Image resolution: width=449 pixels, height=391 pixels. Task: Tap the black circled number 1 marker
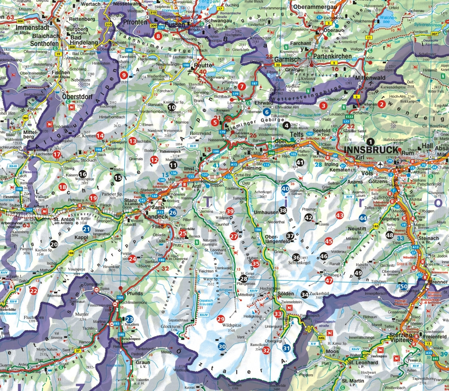(371, 142)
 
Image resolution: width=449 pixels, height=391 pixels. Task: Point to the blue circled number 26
(173, 213)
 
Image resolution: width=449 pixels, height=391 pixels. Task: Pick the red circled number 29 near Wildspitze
(221, 319)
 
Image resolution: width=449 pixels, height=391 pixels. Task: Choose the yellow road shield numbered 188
(71, 253)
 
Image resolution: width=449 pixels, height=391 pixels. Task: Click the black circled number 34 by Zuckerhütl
(305, 294)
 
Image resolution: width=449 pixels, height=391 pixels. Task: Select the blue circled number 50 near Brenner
(404, 286)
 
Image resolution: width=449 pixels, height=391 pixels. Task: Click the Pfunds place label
(135, 294)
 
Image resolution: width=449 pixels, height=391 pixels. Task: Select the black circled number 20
(54, 244)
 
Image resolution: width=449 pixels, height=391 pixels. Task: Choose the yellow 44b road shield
(322, 337)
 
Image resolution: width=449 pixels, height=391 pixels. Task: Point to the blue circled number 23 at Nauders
(129, 319)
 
